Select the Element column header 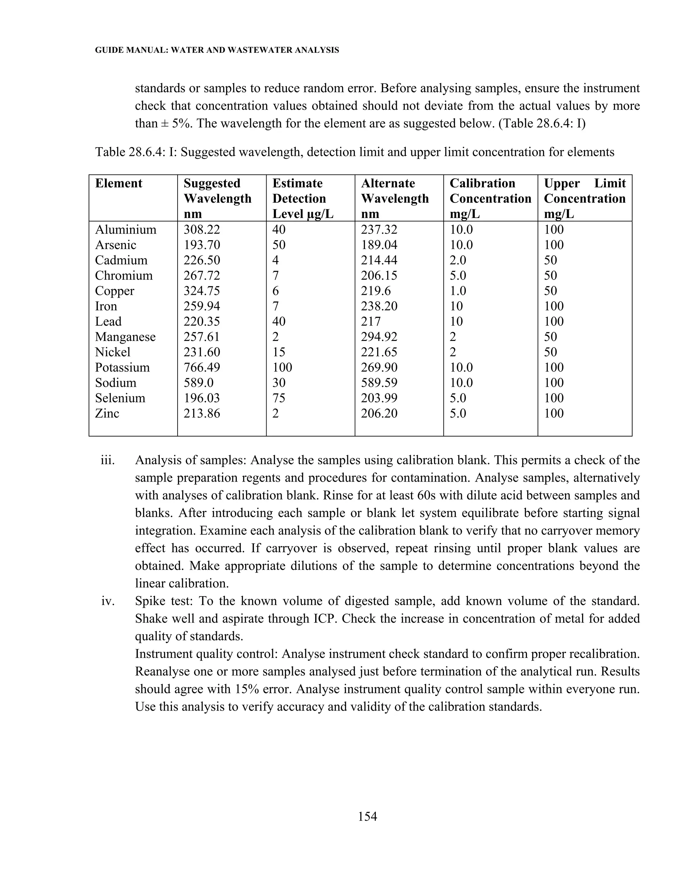point(119,183)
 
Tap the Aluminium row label point(126,230)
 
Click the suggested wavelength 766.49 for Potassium point(202,368)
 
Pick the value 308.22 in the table point(202,230)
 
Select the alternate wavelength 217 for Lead point(370,321)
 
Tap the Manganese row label point(125,337)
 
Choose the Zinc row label point(107,413)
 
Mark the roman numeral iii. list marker point(108,460)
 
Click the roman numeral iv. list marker point(108,601)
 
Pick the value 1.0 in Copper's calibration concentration point(458,291)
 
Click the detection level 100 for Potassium point(282,368)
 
